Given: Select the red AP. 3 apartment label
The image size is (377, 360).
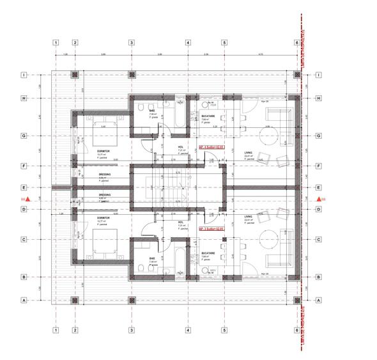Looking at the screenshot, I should click(210, 228).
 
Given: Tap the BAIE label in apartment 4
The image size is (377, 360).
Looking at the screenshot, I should click(153, 110).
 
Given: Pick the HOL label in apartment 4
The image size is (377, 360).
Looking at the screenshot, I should click(181, 147).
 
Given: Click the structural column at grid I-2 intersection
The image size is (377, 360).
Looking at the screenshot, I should click(75, 75).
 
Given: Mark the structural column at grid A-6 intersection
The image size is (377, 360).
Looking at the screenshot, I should click(297, 300).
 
